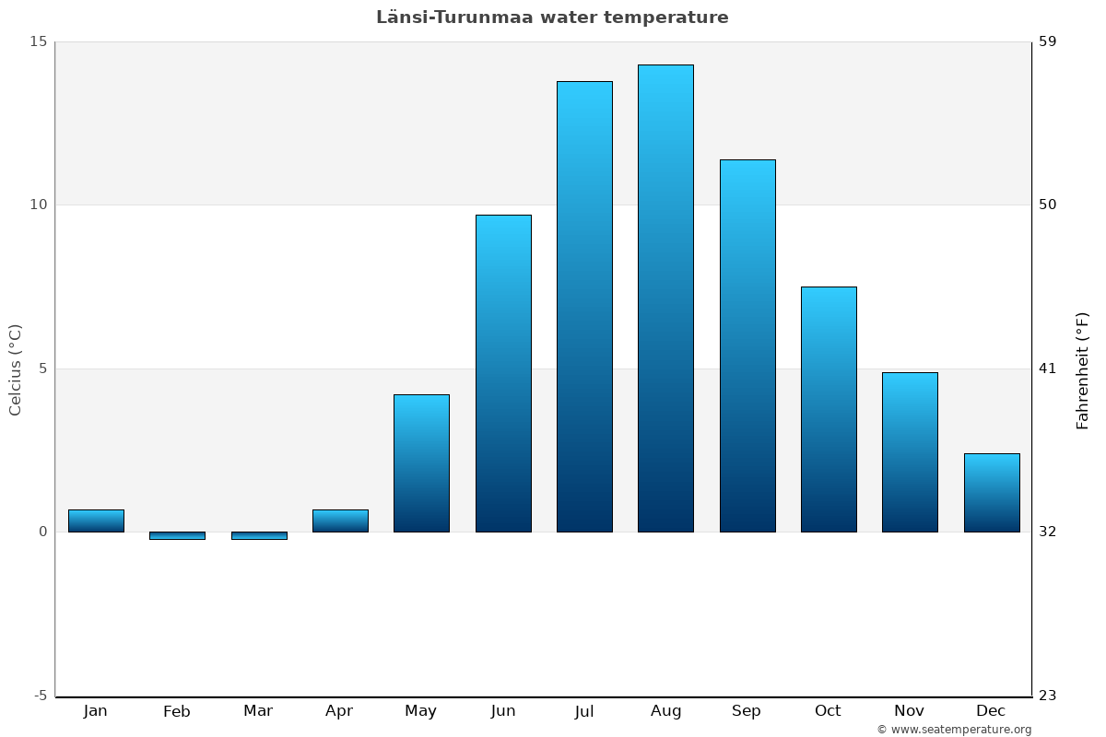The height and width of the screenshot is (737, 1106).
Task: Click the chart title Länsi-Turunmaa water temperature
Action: coord(552,18)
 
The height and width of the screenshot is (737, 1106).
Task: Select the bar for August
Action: coord(665,298)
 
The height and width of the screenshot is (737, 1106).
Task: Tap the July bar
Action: coord(584,307)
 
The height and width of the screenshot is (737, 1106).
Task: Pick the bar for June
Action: coord(503,373)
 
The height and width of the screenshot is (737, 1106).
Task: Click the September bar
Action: coord(747,345)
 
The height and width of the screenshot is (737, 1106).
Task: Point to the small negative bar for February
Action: coord(177,535)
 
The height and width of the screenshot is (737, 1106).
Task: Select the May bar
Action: coord(421,463)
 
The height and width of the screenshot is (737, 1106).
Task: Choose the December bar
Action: coord(992,493)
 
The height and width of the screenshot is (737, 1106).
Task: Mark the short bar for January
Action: coord(96,521)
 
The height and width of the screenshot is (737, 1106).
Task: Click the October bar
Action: coord(829,409)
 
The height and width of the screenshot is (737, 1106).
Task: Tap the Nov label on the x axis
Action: coord(910,711)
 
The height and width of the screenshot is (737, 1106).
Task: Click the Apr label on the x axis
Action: coord(339,711)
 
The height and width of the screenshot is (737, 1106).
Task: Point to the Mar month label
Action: coord(258,711)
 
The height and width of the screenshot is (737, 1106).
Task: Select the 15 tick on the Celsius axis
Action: coord(39,41)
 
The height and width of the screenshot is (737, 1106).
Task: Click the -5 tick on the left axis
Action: coord(40,696)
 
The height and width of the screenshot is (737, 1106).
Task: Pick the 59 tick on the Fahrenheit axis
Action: coord(1047,41)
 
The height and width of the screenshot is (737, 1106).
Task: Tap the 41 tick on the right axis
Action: coord(1047,368)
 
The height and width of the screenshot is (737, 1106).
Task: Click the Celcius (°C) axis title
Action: coord(16,369)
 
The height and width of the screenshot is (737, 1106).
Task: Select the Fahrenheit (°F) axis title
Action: coord(1083,369)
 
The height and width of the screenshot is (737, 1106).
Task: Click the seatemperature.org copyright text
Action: coord(954,730)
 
